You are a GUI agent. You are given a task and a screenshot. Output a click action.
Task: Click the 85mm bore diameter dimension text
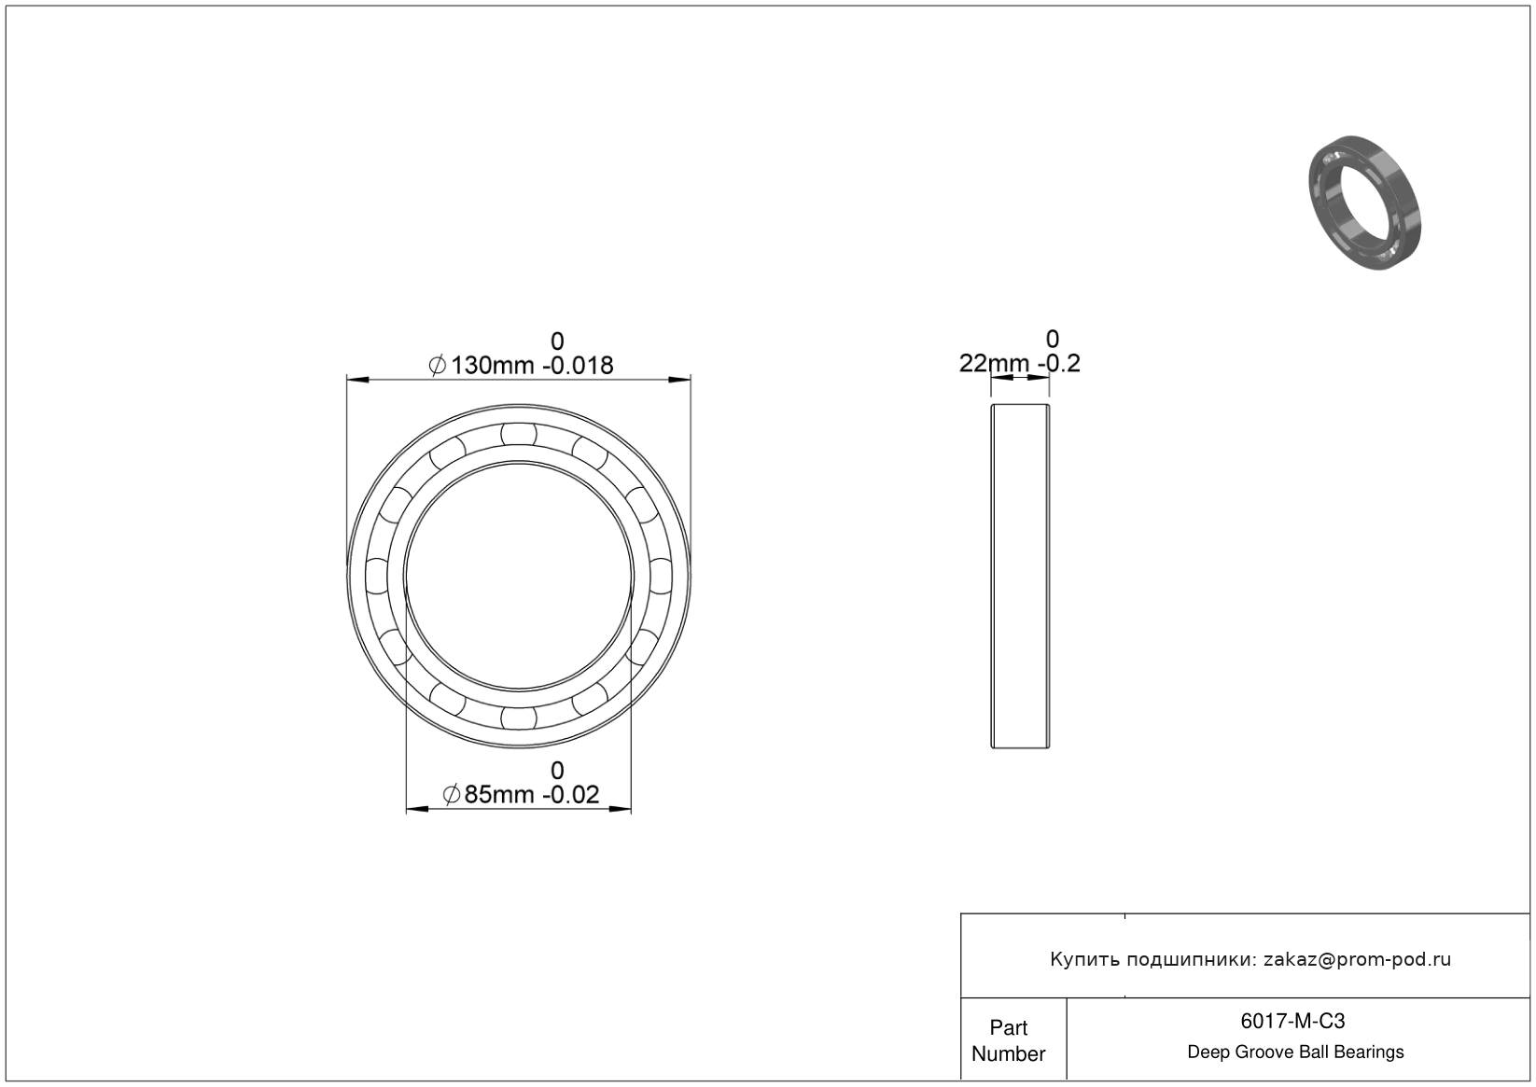[499, 795]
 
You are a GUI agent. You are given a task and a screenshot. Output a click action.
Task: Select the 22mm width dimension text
[994, 364]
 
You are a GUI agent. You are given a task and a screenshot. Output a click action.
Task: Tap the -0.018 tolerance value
[578, 366]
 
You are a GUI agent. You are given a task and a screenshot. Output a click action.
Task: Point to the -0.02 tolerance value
[571, 795]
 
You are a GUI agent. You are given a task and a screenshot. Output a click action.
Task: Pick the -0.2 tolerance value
[1059, 364]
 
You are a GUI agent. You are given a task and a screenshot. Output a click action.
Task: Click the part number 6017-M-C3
[1292, 1021]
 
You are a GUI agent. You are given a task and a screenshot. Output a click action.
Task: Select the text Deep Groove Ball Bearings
[1295, 1052]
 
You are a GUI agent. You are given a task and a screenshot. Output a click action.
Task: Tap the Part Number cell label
[1008, 1040]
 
